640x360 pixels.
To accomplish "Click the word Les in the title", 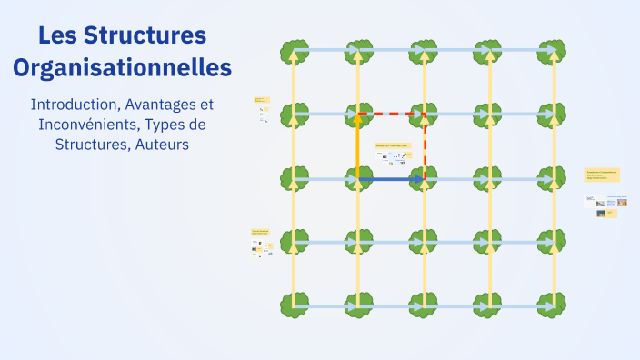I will click(x=59, y=36).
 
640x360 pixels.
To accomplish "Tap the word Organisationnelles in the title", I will click(x=123, y=67).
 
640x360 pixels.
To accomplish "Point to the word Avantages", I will click(x=162, y=104).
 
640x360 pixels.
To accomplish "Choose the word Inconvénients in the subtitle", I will click(x=80, y=124).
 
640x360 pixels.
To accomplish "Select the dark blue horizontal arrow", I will click(x=391, y=180).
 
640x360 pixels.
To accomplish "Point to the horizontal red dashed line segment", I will click(x=391, y=115).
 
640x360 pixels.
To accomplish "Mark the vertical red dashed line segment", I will click(x=425, y=145).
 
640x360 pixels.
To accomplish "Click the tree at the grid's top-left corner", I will click(x=293, y=50).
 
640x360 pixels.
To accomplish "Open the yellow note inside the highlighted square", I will click(x=392, y=145).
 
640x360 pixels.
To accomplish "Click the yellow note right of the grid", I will click(x=602, y=174).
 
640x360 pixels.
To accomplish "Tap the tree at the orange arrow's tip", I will click(x=358, y=115).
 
